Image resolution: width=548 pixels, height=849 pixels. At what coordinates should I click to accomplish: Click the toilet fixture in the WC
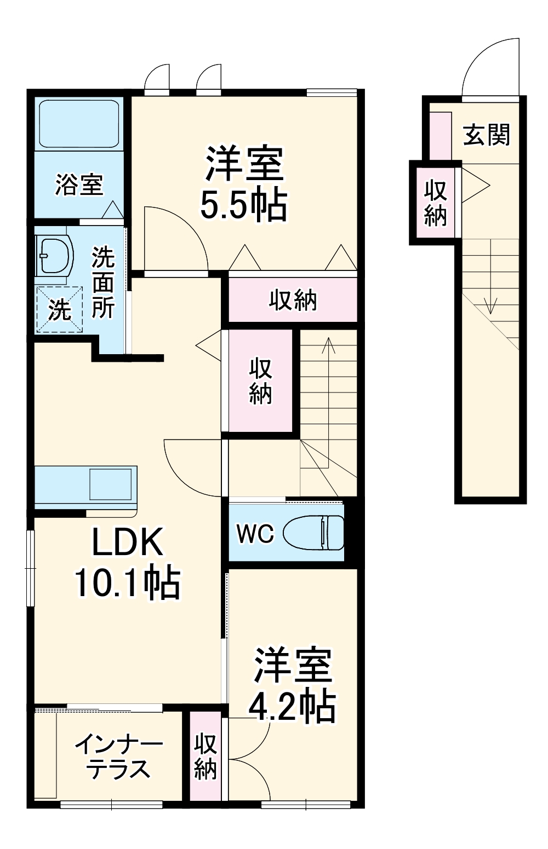pyautogui.click(x=313, y=532)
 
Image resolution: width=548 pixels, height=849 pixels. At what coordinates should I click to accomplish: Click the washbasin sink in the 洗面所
pyautogui.click(x=54, y=256)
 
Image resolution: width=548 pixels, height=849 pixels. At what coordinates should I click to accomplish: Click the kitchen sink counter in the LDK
pyautogui.click(x=85, y=486)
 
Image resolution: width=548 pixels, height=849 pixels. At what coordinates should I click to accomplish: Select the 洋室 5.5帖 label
pyautogui.click(x=244, y=183)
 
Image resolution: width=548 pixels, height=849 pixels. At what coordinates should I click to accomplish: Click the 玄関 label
pyautogui.click(x=486, y=135)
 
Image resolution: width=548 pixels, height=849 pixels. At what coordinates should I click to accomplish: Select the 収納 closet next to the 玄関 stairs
pyautogui.click(x=436, y=202)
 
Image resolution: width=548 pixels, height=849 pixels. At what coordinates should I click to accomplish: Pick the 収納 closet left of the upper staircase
pyautogui.click(x=260, y=381)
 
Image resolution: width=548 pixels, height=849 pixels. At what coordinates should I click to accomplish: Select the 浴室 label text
pyautogui.click(x=79, y=184)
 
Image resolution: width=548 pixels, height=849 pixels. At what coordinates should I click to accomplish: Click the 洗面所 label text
pyautogui.click(x=102, y=282)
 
